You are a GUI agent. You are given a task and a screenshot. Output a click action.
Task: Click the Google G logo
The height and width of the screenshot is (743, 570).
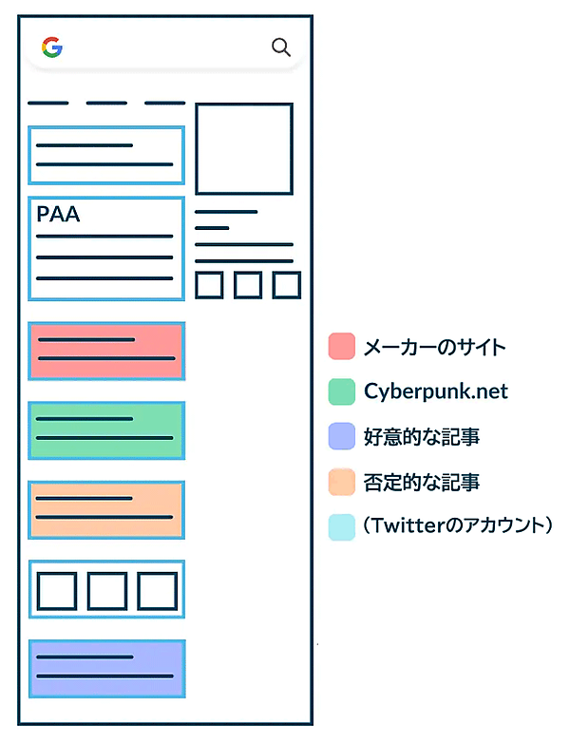coord(51,48)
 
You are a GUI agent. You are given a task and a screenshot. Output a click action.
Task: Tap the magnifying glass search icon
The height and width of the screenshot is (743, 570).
coord(281,48)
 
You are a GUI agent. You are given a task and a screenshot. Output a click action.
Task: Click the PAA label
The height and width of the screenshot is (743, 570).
coord(58,215)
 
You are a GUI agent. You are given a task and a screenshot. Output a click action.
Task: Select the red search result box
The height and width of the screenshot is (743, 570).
coord(106,350)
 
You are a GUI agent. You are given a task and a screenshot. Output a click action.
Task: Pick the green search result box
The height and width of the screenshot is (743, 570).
coord(106,429)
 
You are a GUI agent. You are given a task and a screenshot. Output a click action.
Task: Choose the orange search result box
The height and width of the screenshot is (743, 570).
coord(106,509)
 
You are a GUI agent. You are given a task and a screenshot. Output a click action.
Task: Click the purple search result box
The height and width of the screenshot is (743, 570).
coord(106,668)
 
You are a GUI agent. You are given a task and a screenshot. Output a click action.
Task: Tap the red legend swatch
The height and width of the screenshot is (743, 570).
coord(341,347)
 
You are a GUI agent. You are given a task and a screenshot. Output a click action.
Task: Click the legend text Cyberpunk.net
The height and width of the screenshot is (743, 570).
coord(435,391)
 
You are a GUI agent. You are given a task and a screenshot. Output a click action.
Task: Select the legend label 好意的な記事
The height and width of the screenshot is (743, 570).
coord(421,437)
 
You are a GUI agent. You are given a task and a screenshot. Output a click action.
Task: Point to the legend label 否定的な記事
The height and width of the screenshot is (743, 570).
coord(421,483)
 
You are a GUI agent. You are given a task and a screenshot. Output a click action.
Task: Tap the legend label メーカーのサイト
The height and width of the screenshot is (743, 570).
coord(434,347)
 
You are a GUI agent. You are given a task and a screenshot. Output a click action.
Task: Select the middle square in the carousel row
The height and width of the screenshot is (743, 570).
coord(106,590)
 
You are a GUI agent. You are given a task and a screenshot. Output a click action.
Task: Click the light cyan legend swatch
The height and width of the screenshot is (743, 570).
coord(341,527)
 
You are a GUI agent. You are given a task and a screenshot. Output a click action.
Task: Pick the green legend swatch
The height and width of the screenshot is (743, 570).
coord(341,391)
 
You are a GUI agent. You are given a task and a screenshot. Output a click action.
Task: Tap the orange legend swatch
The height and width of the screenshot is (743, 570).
coord(341,483)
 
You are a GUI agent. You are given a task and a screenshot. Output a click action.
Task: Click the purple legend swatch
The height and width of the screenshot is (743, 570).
coord(341,437)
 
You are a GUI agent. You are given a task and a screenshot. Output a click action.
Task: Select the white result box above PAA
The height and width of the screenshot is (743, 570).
coord(106,155)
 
